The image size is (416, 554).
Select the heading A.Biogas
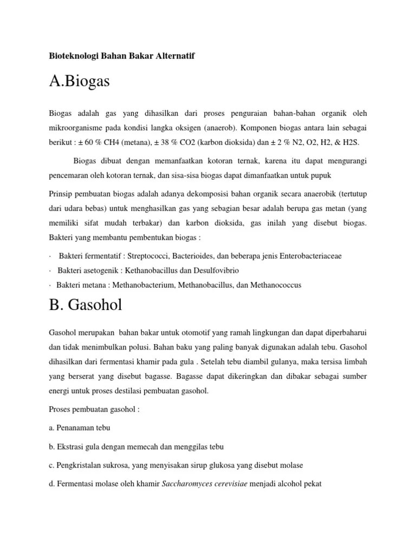79,82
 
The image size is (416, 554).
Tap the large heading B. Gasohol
85,305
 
